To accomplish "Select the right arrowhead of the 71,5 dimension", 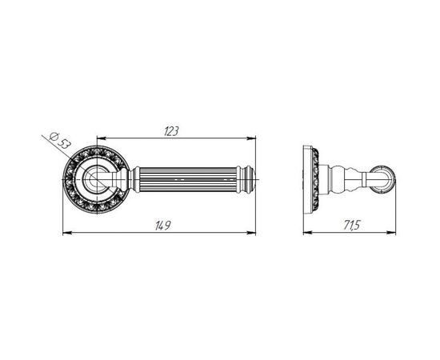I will pos(393,233).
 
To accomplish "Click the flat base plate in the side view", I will pos(308,180).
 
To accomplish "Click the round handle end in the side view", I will pos(383,180).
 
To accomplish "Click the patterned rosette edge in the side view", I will pos(318,180).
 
